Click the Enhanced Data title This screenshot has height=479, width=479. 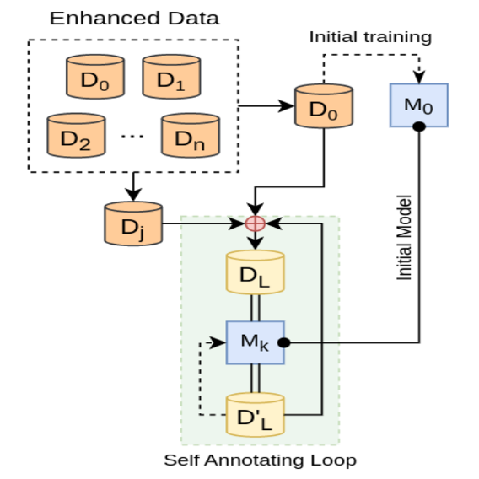[x=133, y=19]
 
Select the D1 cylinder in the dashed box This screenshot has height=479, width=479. [x=171, y=78]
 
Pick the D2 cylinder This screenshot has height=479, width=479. [x=77, y=133]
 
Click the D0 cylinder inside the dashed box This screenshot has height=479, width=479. [x=95, y=78]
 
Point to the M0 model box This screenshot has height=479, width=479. [x=417, y=106]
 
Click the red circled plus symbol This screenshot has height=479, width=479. [x=255, y=224]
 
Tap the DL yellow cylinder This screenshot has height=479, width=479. [x=255, y=272]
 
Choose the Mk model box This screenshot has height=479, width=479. [x=255, y=342]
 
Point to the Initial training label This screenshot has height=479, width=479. [x=370, y=37]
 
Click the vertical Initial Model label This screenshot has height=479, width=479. [x=404, y=239]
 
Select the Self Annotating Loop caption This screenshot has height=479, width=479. [x=260, y=460]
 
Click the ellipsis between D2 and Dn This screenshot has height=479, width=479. [x=133, y=136]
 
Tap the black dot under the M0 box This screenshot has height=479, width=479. [x=417, y=127]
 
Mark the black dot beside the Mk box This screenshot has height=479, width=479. [x=285, y=342]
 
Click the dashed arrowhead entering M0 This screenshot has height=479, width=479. [x=417, y=78]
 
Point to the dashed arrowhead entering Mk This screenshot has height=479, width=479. [x=221, y=342]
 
